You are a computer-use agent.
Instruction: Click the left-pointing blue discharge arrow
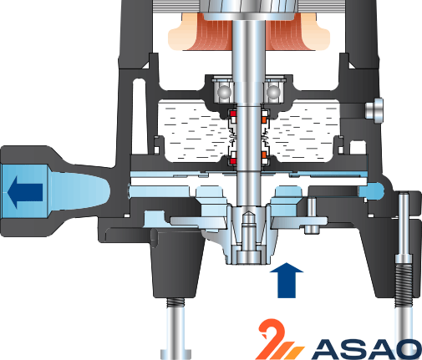(x=24, y=192)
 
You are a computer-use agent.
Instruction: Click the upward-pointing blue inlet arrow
(x=287, y=280)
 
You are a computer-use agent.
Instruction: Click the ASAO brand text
(x=367, y=349)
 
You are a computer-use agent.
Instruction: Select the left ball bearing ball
(x=225, y=92)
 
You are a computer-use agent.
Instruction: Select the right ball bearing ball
(x=273, y=92)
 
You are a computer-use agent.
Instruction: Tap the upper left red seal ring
(x=232, y=114)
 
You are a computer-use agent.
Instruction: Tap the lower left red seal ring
(x=232, y=161)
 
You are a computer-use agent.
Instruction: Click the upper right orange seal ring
(x=264, y=119)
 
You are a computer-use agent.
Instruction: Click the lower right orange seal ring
(x=264, y=155)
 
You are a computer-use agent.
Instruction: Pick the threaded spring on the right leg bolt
(x=404, y=286)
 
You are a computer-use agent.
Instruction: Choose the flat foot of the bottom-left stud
(x=175, y=353)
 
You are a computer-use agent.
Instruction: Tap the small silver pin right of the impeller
(x=312, y=215)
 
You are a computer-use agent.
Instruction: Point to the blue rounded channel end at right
(x=371, y=191)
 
